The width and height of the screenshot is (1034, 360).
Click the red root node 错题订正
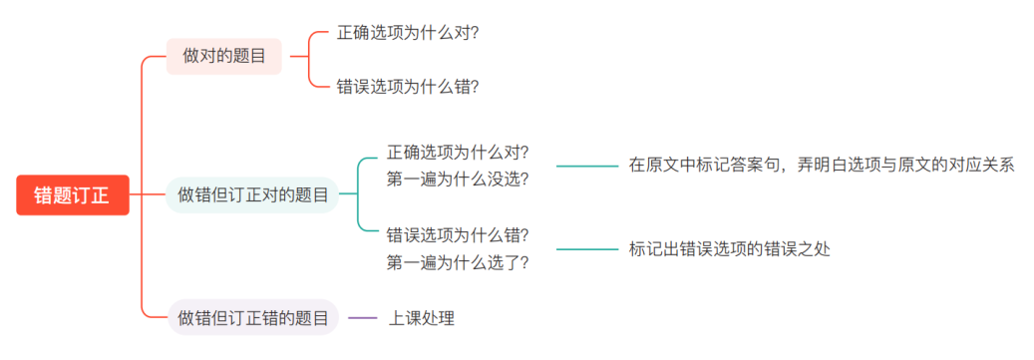tap(72, 194)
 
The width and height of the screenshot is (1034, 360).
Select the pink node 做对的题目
tap(223, 56)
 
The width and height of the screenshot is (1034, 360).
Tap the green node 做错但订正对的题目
tap(253, 194)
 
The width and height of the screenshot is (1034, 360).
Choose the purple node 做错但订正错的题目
tap(253, 318)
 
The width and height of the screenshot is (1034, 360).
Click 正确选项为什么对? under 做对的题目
tap(408, 33)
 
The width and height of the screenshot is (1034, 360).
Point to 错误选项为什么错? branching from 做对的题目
tap(408, 87)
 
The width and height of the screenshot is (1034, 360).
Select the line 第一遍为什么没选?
tap(458, 180)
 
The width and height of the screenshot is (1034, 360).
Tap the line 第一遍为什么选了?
tap(458, 262)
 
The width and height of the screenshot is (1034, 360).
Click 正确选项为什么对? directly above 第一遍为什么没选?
tap(458, 153)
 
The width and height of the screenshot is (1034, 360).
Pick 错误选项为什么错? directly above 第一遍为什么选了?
tap(458, 235)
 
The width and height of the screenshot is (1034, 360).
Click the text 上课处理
tap(422, 318)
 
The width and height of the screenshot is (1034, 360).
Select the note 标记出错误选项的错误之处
tap(729, 249)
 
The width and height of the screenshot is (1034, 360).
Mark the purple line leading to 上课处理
tap(363, 318)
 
